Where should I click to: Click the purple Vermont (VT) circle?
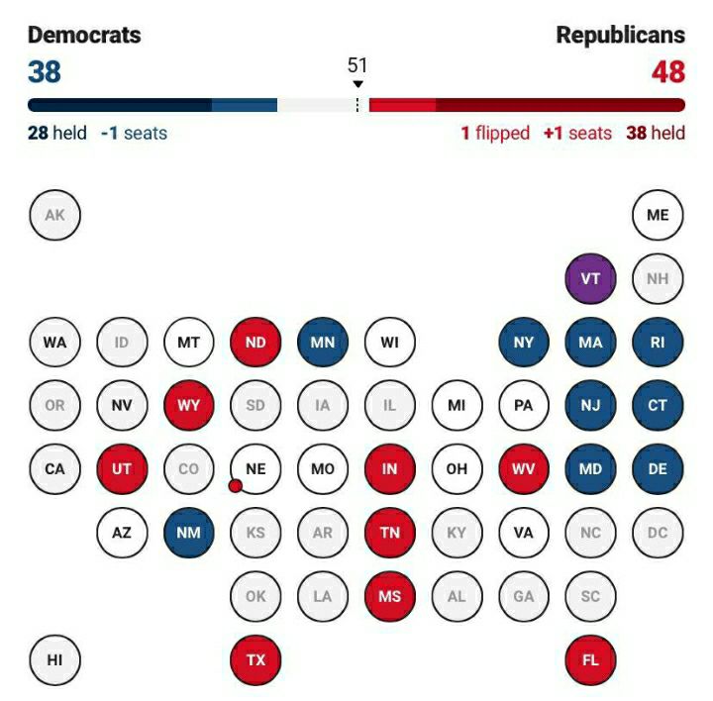590,278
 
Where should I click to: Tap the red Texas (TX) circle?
255,659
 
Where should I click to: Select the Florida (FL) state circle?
590,659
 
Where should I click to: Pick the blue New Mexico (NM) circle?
188,533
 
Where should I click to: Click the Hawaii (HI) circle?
54,659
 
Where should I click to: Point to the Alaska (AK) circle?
54,215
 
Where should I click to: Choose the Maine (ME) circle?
658,215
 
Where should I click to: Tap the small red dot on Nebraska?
235,485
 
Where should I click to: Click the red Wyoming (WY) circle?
188,405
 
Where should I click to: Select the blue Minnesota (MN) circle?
323,343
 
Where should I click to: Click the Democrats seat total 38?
45,72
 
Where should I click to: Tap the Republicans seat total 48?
668,72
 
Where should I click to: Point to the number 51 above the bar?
357,65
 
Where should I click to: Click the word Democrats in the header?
84,36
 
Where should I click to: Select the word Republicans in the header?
620,36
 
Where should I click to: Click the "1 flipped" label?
495,133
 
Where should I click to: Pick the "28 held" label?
57,133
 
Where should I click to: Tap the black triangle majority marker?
357,84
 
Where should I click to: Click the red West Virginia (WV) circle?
523,468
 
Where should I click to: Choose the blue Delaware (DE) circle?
658,468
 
